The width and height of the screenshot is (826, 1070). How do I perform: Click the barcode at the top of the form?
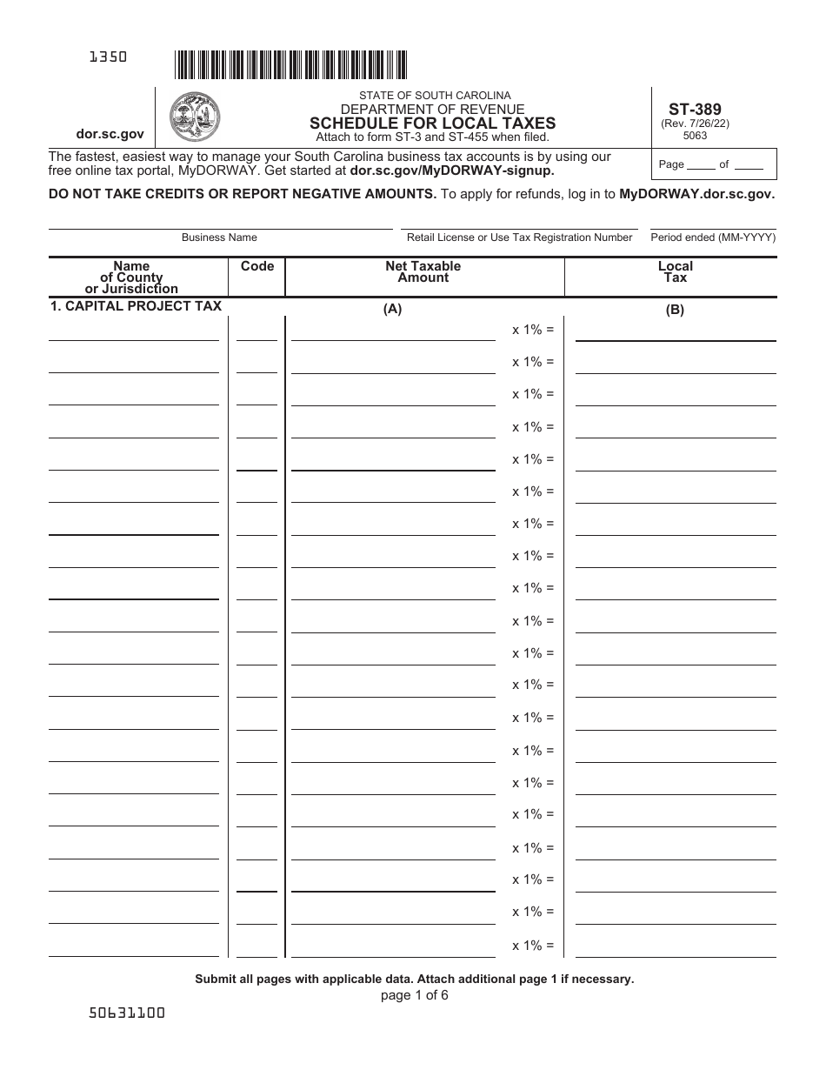tap(290, 65)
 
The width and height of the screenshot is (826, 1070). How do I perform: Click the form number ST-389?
tap(695, 110)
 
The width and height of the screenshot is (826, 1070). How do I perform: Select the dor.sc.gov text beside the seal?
tap(110, 134)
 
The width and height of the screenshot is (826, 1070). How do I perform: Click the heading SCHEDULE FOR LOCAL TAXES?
tap(432, 124)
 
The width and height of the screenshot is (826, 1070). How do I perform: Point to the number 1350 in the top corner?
tap(109, 57)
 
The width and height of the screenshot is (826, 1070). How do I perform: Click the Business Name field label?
tap(219, 237)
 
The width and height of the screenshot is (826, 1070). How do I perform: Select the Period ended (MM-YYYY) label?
tap(713, 237)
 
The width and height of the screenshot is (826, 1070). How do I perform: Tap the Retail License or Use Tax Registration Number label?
tap(519, 237)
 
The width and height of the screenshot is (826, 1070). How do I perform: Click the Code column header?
tap(256, 266)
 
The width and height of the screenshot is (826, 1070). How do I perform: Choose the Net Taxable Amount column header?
tap(423, 271)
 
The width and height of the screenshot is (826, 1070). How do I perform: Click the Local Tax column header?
tap(675, 271)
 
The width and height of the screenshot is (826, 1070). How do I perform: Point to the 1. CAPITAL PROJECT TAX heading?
tap(136, 306)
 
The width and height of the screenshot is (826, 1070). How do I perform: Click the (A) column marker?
tap(393, 309)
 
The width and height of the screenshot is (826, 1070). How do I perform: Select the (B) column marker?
tap(675, 309)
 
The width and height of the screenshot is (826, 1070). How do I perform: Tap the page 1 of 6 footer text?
tap(414, 995)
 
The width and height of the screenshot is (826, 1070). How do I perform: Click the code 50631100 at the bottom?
tap(127, 1013)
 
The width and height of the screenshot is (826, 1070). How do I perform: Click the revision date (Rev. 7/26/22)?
tap(695, 124)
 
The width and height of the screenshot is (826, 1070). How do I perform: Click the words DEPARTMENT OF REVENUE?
tap(432, 109)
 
